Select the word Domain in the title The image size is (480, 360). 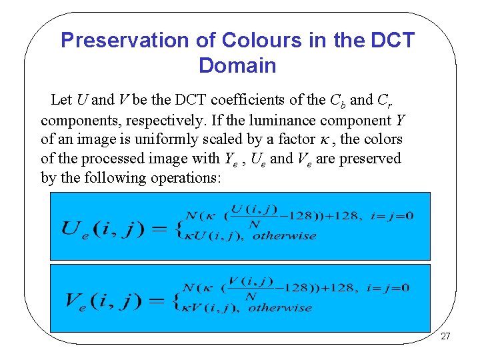pyautogui.click(x=237, y=66)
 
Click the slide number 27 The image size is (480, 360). pyautogui.click(x=445, y=336)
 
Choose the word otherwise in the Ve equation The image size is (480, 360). pyautogui.click(x=280, y=307)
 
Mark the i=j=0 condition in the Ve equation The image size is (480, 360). pyautogui.click(x=388, y=288)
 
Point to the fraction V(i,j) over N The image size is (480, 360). pyautogui.click(x=253, y=289)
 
